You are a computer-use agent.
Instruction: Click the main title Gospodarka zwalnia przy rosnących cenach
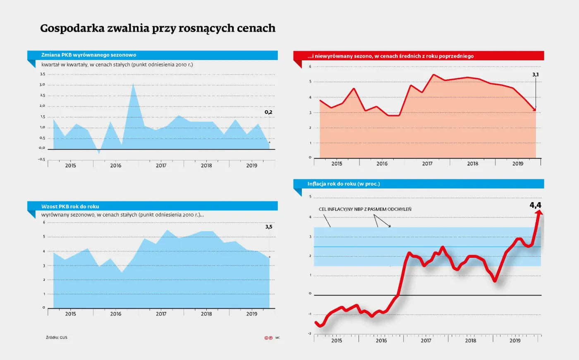pyautogui.click(x=158, y=28)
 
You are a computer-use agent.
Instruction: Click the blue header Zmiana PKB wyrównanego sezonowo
pyautogui.click(x=89, y=55)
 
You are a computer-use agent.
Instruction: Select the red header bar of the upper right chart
pyautogui.click(x=419, y=56)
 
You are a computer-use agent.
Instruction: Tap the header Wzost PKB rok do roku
pyautogui.click(x=70, y=206)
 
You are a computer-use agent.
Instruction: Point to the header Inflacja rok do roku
pyautogui.click(x=343, y=184)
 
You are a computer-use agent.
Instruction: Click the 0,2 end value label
pyautogui.click(x=268, y=112)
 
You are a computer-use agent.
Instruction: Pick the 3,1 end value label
pyautogui.click(x=535, y=75)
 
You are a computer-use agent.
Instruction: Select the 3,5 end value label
pyautogui.click(x=269, y=227)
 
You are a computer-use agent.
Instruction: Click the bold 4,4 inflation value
pyautogui.click(x=535, y=205)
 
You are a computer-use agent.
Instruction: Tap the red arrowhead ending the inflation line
pyautogui.click(x=539, y=212)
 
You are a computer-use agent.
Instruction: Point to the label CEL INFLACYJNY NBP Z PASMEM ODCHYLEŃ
pyautogui.click(x=365, y=209)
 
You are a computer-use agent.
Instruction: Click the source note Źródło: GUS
pyautogui.click(x=57, y=338)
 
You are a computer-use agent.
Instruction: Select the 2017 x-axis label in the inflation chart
pyautogui.click(x=426, y=341)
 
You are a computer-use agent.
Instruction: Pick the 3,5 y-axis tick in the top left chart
pyautogui.click(x=42, y=74)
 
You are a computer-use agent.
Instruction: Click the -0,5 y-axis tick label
pyautogui.click(x=41, y=159)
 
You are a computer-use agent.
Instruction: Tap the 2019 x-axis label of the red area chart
pyautogui.click(x=518, y=164)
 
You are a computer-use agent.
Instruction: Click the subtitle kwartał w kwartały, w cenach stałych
pyautogui.click(x=117, y=64)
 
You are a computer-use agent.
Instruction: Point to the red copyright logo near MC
pyautogui.click(x=268, y=338)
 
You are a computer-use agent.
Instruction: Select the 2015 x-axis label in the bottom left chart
pyautogui.click(x=70, y=314)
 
